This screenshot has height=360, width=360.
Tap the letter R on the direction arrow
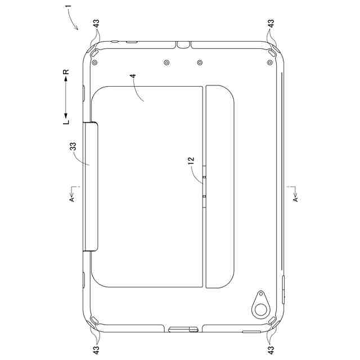click(x=66, y=72)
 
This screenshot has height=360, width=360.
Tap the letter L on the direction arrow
click(x=66, y=122)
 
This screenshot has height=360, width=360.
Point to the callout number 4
click(x=133, y=76)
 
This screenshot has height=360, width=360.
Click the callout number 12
click(x=191, y=161)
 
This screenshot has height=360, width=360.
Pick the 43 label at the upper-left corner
click(x=96, y=24)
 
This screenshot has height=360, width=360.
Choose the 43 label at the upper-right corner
click(x=271, y=24)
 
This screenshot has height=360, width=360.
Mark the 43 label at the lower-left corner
click(x=96, y=350)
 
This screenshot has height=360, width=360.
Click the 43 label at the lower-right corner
click(x=271, y=350)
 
